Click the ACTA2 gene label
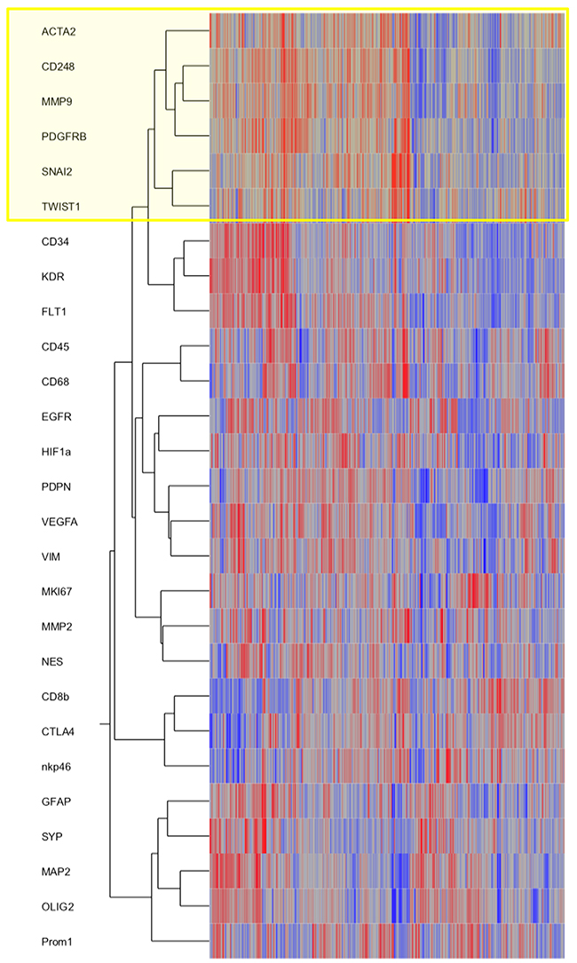tap(57, 32)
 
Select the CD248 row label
tap(57, 67)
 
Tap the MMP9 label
tap(55, 101)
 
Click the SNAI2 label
tap(55, 171)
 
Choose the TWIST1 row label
tap(59, 207)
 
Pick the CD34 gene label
tap(54, 241)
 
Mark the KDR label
tap(51, 277)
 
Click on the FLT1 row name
tap(53, 312)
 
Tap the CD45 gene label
tap(54, 346)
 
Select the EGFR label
tap(54, 416)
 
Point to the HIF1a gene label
tap(56, 452)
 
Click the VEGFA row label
tap(58, 522)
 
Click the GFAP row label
tap(55, 801)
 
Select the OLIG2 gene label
tap(56, 906)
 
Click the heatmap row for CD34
tap(386, 241)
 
